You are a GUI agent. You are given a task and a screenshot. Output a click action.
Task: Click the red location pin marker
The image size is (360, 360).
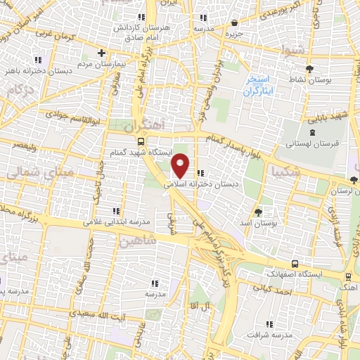181,166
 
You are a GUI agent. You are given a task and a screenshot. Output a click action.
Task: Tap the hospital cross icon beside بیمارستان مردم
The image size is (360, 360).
102,53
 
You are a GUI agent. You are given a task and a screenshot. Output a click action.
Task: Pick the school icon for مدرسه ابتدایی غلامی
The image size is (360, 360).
115,211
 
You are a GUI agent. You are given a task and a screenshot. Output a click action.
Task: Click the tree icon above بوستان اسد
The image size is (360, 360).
258,212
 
